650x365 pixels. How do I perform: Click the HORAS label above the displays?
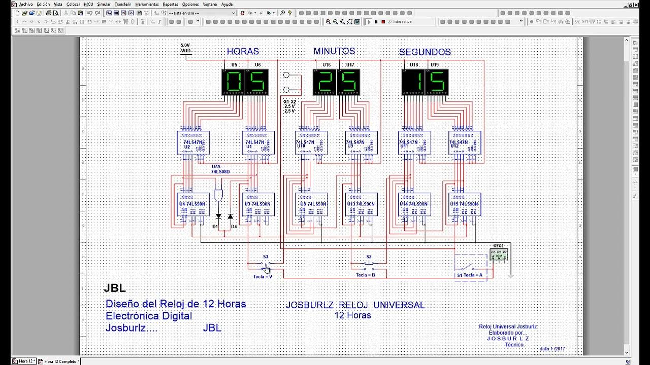(243, 52)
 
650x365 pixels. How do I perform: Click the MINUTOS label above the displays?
(334, 51)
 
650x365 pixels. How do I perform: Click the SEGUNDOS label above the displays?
(425, 52)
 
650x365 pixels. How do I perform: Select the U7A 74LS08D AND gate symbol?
(219, 195)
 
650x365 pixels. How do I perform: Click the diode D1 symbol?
(218, 216)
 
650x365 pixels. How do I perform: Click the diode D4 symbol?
(230, 216)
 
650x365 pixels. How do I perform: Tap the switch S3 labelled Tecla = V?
(266, 264)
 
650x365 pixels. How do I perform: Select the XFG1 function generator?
(498, 254)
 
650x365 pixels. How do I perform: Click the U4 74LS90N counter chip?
(192, 204)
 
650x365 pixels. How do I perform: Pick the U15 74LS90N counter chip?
(465, 204)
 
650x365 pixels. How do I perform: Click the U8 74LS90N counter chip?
(311, 204)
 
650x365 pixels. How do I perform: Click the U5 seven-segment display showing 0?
(234, 82)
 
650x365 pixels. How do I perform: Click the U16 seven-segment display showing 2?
(324, 82)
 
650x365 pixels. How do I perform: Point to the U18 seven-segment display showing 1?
(413, 82)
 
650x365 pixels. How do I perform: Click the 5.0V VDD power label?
(186, 48)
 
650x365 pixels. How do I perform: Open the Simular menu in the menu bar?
(104, 4)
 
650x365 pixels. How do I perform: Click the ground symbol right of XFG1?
(511, 275)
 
